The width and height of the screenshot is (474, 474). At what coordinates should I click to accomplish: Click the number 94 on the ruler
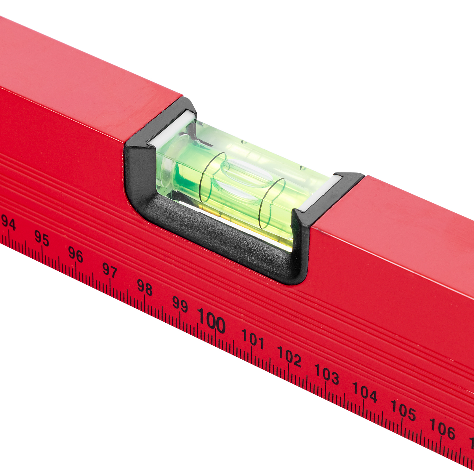tap(8, 222)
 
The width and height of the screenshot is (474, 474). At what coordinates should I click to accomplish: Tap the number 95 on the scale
tap(42, 238)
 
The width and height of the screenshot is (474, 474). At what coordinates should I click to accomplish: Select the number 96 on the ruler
tap(76, 254)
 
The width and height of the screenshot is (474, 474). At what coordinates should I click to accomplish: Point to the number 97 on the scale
tap(110, 270)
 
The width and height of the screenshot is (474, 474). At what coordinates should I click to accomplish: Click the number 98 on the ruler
tap(145, 287)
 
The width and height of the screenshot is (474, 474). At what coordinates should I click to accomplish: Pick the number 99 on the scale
tap(180, 304)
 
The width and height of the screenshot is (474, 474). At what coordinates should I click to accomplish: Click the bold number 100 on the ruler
tap(212, 321)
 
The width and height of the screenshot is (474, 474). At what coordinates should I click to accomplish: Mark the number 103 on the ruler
tap(327, 374)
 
